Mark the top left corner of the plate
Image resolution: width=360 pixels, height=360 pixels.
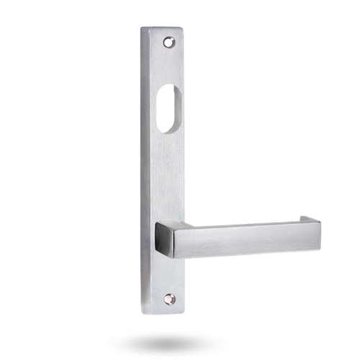141,29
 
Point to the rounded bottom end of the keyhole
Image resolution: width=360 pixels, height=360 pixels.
165,129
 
